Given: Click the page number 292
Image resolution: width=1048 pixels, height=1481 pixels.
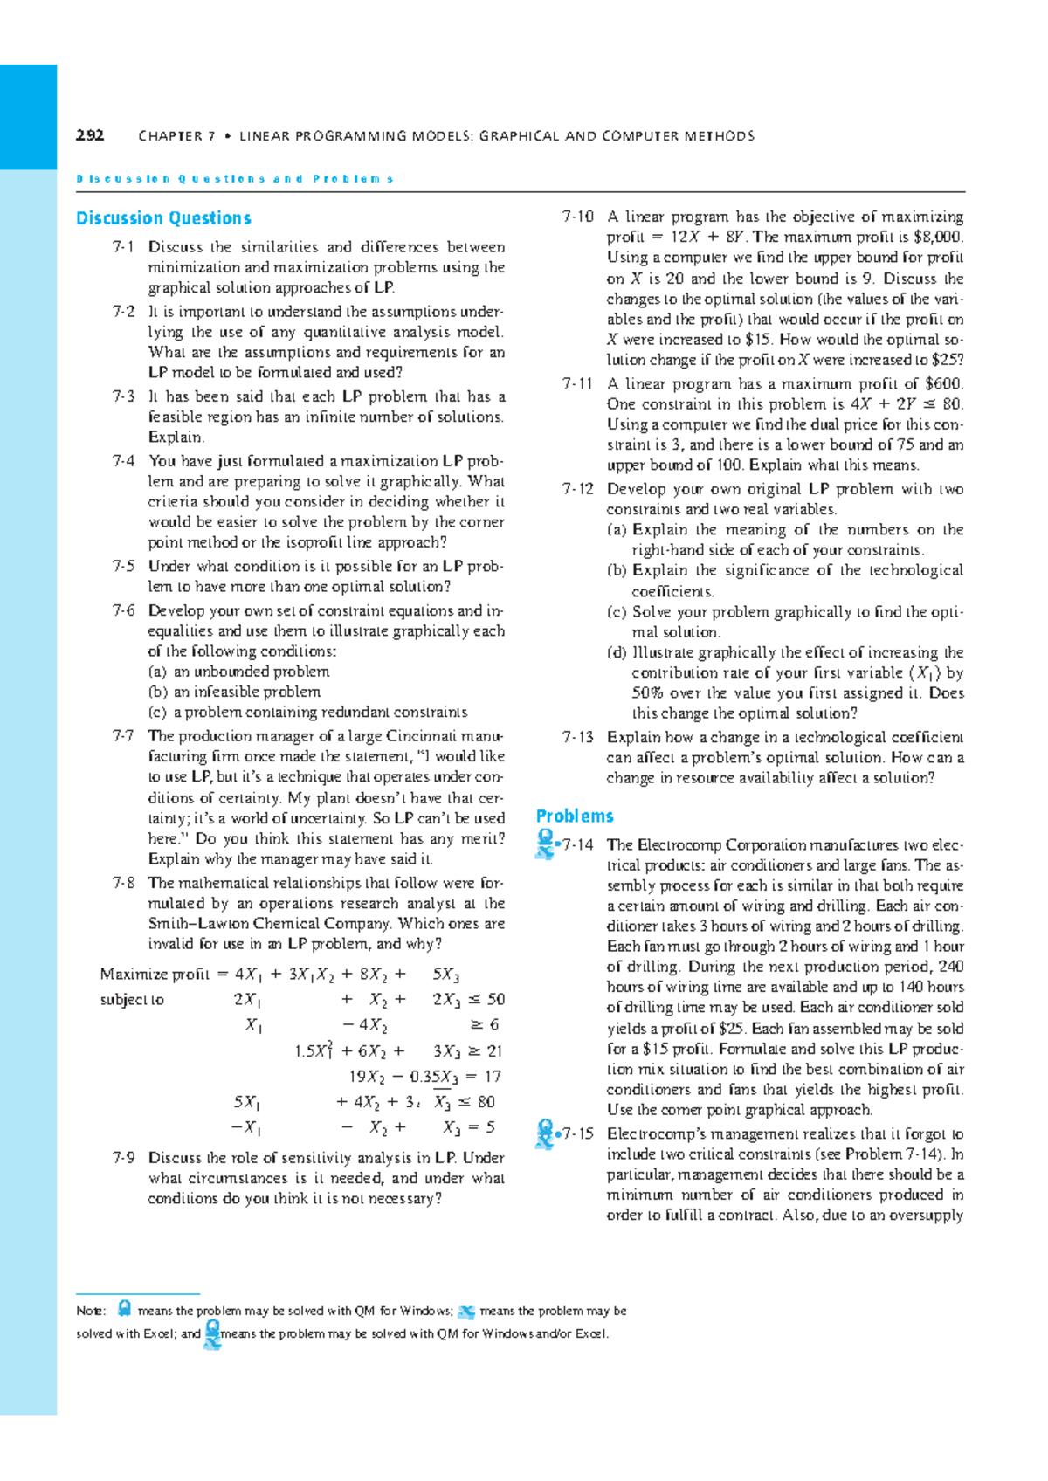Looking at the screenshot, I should [90, 135].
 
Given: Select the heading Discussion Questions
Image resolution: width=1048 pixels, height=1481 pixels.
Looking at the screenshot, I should [163, 218].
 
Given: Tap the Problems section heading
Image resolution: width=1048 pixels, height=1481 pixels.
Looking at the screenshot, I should [575, 816].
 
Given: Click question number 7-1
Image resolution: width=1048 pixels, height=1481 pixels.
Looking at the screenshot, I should [123, 247].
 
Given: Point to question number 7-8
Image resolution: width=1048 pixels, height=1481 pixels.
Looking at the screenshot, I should [123, 883].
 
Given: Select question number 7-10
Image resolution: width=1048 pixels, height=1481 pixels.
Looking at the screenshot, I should [578, 217].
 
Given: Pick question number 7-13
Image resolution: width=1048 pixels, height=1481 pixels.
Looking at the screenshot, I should [578, 737].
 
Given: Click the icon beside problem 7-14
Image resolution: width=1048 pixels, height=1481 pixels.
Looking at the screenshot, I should [545, 844].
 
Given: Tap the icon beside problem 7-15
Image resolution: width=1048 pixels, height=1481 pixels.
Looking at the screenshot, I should [545, 1133].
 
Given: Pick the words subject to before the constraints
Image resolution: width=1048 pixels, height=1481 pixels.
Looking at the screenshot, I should [132, 1000].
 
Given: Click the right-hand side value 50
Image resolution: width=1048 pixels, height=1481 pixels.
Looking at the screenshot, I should [495, 1000].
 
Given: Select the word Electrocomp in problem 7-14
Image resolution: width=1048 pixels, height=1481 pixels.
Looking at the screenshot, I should [677, 845].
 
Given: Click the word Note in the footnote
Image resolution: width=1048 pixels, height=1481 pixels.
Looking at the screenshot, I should [90, 1311].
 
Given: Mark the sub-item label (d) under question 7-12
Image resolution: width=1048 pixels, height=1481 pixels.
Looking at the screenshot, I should [617, 652].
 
